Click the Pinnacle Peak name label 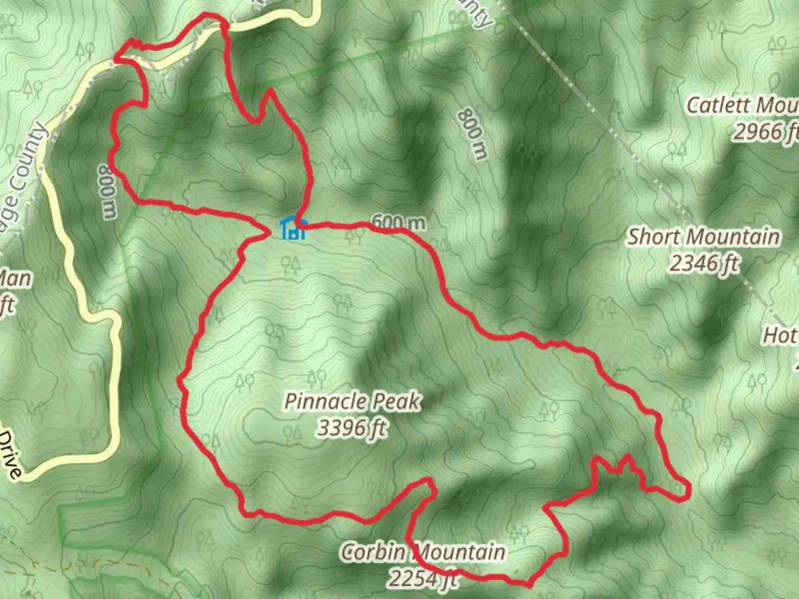(x=352, y=402)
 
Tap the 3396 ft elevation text (x=352, y=428)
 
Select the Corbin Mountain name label (x=423, y=552)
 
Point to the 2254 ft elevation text (x=423, y=578)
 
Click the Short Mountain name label (x=703, y=237)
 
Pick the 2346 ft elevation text (x=704, y=263)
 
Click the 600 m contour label (x=399, y=222)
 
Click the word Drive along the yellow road (x=10, y=456)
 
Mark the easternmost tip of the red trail (x=689, y=490)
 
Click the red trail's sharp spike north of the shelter (x=269, y=90)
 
